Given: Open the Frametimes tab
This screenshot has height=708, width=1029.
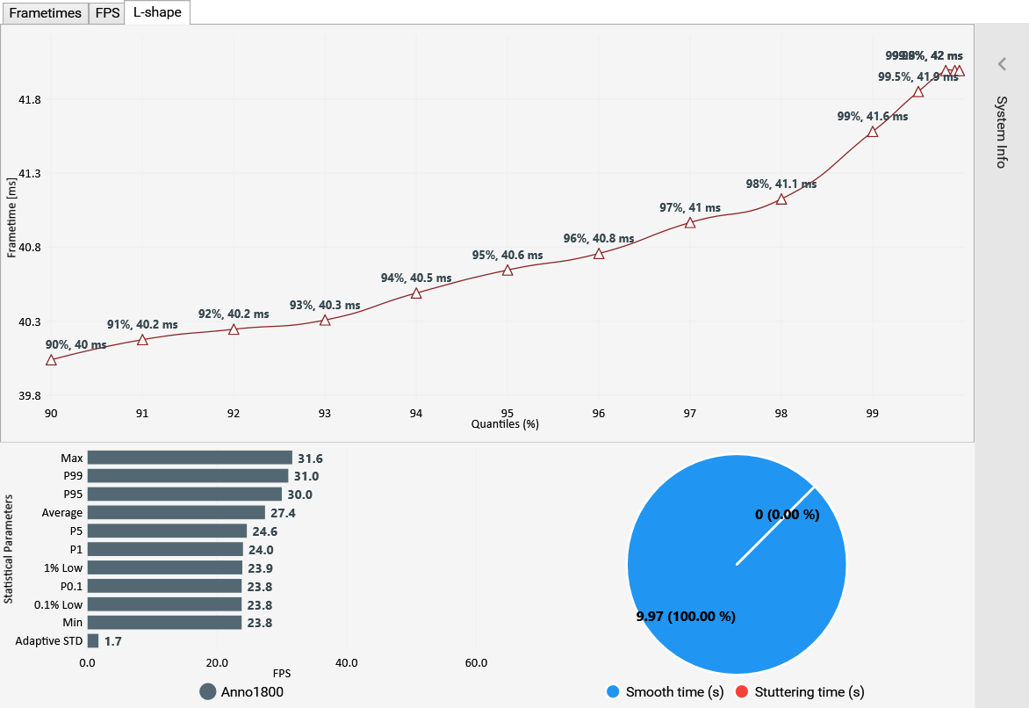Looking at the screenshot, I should click(x=45, y=13).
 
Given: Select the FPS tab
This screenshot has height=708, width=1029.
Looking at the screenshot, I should click(x=107, y=13).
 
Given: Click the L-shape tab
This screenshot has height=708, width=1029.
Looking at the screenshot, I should click(x=157, y=13).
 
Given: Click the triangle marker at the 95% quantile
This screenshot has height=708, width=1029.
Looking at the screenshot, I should click(x=507, y=270).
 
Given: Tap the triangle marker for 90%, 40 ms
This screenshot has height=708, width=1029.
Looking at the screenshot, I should click(x=51, y=360).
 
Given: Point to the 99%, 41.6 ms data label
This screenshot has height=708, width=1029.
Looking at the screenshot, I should click(x=873, y=116).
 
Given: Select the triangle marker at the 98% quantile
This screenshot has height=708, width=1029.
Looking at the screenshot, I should click(x=781, y=199).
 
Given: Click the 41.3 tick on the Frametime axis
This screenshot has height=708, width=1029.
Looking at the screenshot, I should click(x=31, y=174).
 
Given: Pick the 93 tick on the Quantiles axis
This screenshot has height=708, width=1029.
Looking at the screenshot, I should click(x=325, y=413).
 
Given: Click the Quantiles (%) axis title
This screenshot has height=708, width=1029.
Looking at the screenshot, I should click(x=504, y=424).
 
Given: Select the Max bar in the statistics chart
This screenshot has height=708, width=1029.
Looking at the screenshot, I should click(x=190, y=458).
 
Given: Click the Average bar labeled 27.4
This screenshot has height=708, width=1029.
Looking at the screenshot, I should click(x=176, y=512).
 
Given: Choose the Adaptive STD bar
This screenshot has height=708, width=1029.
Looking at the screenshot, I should click(x=93, y=641).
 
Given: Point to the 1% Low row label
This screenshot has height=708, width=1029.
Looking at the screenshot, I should click(x=64, y=567).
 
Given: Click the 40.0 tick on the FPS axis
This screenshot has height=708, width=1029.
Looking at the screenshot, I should click(x=346, y=662).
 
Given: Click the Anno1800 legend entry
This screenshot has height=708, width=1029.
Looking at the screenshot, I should click(x=241, y=691).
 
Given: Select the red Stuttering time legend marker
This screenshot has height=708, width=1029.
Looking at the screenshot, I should click(x=742, y=692).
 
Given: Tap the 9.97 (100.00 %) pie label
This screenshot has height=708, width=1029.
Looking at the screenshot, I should click(x=685, y=617).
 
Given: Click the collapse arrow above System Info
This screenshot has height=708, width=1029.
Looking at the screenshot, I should click(x=1001, y=64).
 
